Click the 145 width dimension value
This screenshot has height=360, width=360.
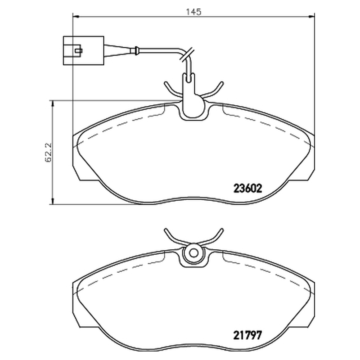[x=193, y=12]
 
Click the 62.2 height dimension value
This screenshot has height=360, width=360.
[x=49, y=153]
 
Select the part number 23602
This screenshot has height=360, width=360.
[x=247, y=189]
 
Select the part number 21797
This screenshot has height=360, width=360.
[x=247, y=335]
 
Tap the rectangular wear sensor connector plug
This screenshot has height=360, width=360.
[x=84, y=50]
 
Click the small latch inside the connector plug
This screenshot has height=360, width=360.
[x=78, y=50]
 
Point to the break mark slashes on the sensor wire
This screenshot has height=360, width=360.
[x=186, y=54]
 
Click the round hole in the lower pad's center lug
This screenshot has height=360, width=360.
[x=194, y=253]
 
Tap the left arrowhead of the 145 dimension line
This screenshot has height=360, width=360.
[x=76, y=17]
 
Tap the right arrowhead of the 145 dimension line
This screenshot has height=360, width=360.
[x=311, y=17]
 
